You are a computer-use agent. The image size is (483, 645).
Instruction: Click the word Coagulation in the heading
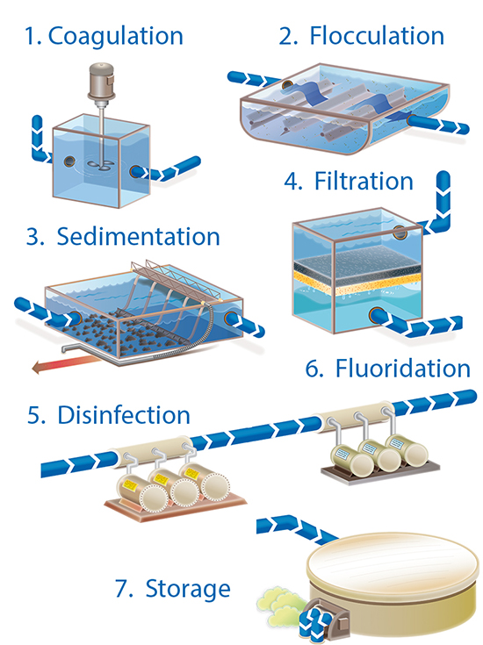click(x=115, y=36)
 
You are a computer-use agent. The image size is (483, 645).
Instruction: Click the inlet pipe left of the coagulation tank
click(x=39, y=140)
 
